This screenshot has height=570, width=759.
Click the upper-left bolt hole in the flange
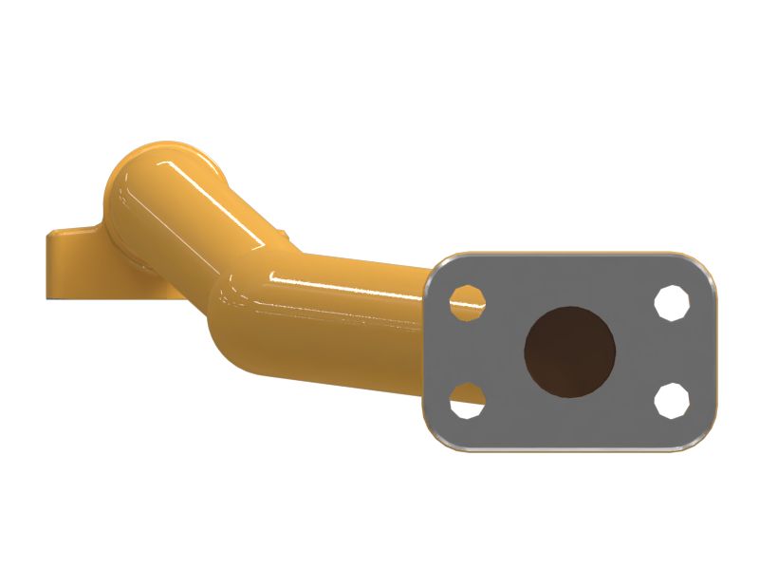pyautogui.click(x=467, y=303)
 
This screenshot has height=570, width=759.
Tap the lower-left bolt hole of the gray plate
pyautogui.click(x=467, y=400)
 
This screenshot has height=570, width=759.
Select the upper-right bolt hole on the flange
pyautogui.click(x=673, y=303)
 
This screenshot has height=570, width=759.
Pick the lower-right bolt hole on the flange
pyautogui.click(x=673, y=400)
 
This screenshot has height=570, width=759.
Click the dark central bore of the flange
pyautogui.click(x=570, y=350)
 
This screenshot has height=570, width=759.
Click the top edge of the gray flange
pyautogui.click(x=569, y=255)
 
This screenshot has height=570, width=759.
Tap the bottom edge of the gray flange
pyautogui.click(x=569, y=449)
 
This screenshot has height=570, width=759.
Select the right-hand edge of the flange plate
pyautogui.click(x=714, y=351)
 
